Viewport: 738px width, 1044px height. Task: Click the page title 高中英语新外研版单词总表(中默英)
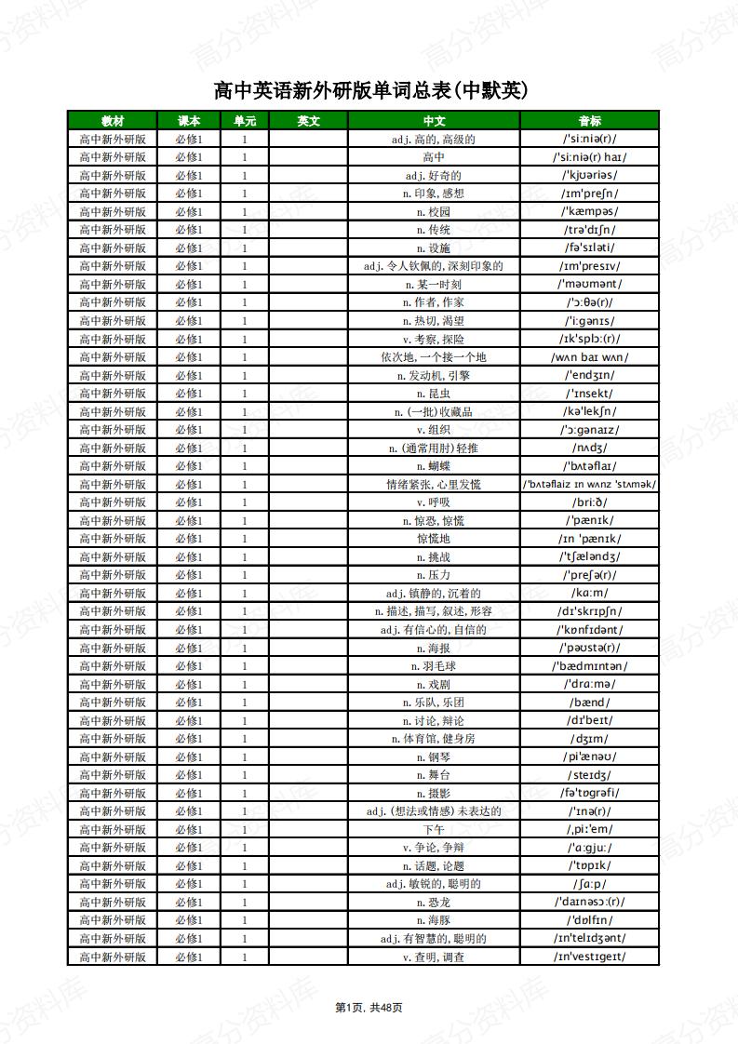369,90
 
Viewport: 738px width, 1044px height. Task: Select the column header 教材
113,121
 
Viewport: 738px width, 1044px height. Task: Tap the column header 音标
589,121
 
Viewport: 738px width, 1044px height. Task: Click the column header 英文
308,121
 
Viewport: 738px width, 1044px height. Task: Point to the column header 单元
245,121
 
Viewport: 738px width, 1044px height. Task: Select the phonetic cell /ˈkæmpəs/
589,212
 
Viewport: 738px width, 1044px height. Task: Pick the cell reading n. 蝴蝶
434,466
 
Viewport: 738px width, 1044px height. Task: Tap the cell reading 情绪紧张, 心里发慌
434,485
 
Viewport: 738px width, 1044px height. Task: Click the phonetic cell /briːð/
589,502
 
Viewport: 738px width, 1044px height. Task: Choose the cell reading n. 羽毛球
434,666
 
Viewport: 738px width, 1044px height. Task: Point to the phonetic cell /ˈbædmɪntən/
589,666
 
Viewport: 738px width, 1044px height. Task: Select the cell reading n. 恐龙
434,902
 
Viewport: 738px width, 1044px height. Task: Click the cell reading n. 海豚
434,920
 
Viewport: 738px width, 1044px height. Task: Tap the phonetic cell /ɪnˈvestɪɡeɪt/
589,957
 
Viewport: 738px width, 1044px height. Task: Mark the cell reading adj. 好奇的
434,176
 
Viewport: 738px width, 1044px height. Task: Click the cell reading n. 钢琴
434,756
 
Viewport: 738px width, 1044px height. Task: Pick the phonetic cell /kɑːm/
589,594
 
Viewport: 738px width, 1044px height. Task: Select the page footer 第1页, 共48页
369,1007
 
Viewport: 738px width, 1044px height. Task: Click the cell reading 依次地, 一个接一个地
434,357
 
